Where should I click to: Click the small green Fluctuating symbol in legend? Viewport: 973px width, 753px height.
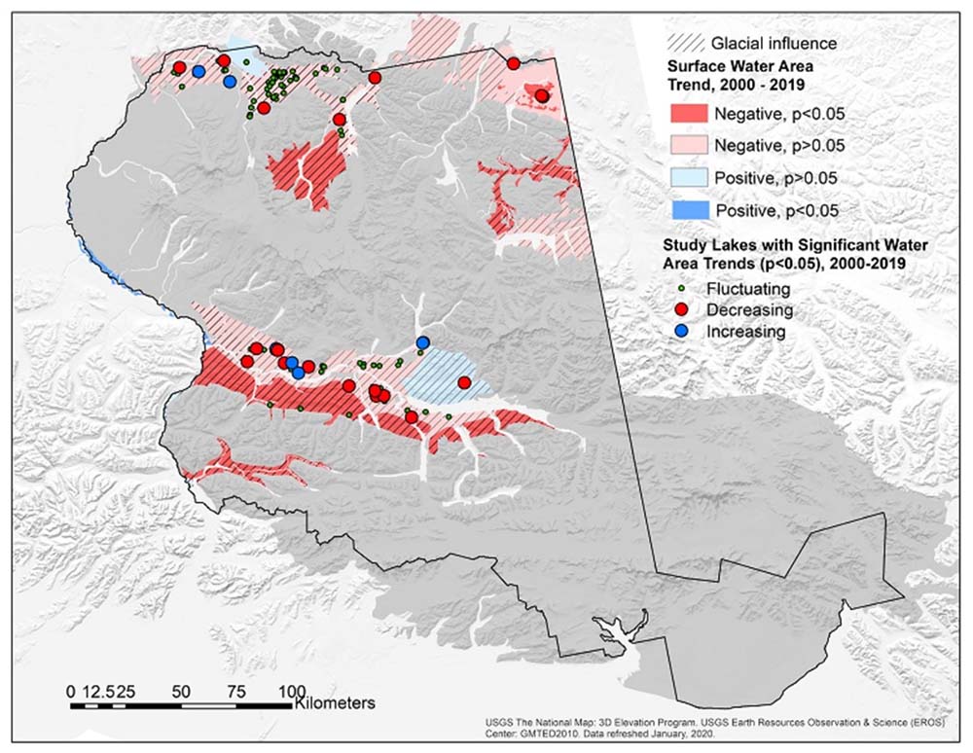[x=682, y=289]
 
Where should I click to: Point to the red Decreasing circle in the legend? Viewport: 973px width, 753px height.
[x=682, y=309]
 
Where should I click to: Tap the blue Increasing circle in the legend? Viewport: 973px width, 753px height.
[x=682, y=331]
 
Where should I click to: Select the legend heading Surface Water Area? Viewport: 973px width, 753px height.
[x=739, y=68]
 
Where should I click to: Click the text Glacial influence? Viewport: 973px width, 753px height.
[x=774, y=43]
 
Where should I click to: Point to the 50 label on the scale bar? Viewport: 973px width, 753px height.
[x=179, y=691]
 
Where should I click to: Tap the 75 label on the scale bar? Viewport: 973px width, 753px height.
[x=234, y=691]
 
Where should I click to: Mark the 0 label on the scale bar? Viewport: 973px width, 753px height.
[x=70, y=691]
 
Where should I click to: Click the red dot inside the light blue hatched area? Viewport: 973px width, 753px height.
[x=465, y=382]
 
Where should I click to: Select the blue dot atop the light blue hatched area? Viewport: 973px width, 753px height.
[x=422, y=341]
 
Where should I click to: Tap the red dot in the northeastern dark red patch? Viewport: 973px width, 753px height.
[x=542, y=95]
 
